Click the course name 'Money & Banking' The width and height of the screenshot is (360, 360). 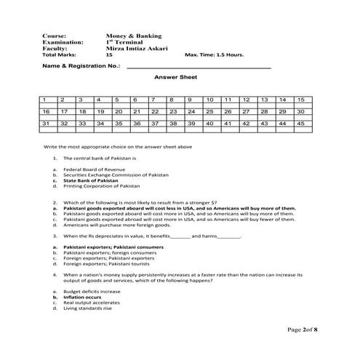point(133,36)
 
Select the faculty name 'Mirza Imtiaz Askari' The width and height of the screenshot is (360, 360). point(137,48)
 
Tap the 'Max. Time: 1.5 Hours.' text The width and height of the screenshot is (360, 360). point(215,55)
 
